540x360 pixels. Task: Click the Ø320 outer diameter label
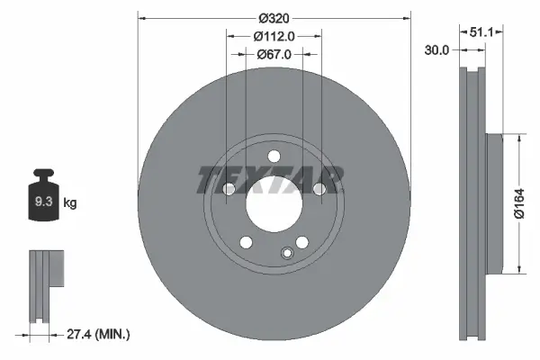(274, 18)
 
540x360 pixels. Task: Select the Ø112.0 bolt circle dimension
(274, 37)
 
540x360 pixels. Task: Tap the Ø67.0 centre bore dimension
(274, 55)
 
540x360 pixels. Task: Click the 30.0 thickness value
(437, 51)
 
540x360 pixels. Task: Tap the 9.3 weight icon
(42, 199)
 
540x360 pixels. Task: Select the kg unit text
(71, 203)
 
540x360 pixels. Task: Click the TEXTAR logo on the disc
(270, 180)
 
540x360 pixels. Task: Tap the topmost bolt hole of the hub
(274, 154)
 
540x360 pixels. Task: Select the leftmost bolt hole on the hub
(226, 189)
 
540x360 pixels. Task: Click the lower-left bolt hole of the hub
(244, 240)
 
